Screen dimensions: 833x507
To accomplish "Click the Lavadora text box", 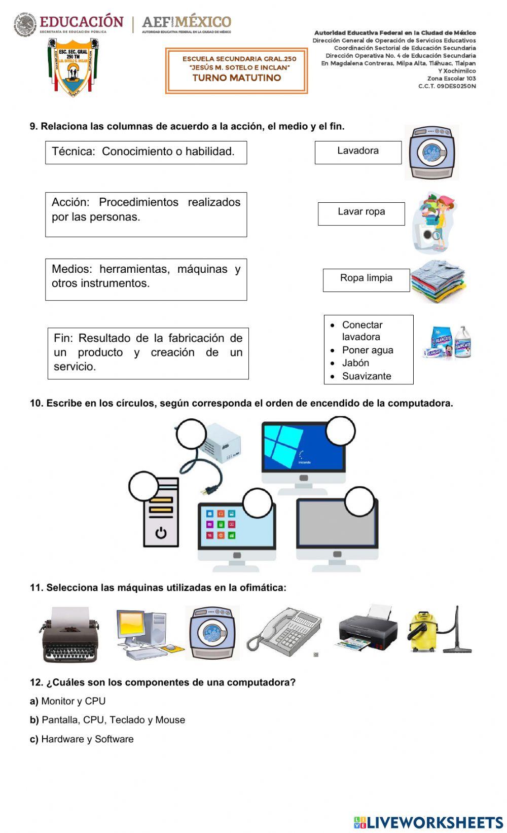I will [358, 152].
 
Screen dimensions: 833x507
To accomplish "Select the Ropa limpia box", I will [366, 280].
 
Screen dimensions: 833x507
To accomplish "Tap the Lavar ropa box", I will [361, 213].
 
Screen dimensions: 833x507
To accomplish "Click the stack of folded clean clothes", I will [438, 281].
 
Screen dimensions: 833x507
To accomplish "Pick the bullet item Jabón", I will [355, 363].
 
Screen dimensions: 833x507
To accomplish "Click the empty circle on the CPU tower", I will [144, 486].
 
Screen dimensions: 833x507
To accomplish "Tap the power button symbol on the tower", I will [161, 533].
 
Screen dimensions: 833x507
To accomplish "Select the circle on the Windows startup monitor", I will [340, 431].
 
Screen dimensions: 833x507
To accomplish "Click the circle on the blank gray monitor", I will [359, 502].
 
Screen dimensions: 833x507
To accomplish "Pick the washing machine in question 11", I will [212, 633].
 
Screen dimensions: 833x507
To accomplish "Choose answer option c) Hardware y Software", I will [87, 739].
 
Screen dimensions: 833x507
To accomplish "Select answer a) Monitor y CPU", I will [73, 701].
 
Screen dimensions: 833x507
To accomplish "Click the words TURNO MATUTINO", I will [236, 78].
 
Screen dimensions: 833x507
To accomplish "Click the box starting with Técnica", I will [146, 152].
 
